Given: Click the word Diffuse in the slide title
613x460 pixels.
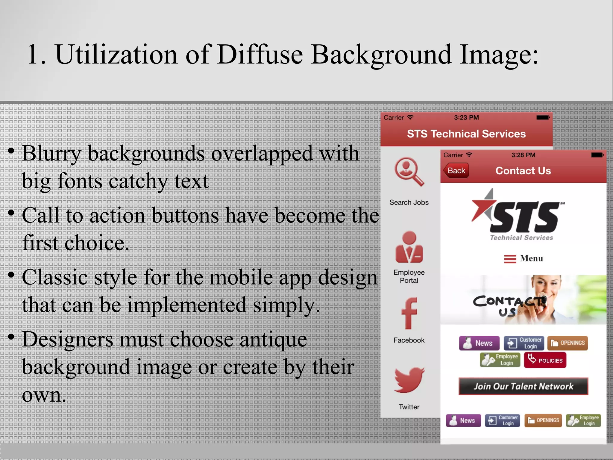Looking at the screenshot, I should [260, 55].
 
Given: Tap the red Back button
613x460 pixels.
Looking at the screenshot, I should [456, 171].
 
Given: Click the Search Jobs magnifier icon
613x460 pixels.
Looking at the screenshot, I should [409, 172].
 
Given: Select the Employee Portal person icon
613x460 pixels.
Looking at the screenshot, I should [409, 247].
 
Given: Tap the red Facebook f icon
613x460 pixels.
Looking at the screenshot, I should [409, 314].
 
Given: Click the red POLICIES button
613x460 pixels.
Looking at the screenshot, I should [545, 360].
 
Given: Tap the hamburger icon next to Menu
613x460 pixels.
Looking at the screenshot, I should [510, 259].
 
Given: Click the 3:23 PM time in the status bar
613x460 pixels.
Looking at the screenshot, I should [466, 118].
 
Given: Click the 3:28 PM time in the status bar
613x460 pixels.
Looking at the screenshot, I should [523, 155].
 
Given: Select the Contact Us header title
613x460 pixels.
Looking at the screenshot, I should [523, 171].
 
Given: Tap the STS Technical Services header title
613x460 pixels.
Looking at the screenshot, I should [466, 134].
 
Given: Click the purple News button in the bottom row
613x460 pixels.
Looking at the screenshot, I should [463, 420].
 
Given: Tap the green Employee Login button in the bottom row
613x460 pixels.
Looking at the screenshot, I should [583, 420].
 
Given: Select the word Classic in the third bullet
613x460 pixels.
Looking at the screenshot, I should [54, 278].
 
